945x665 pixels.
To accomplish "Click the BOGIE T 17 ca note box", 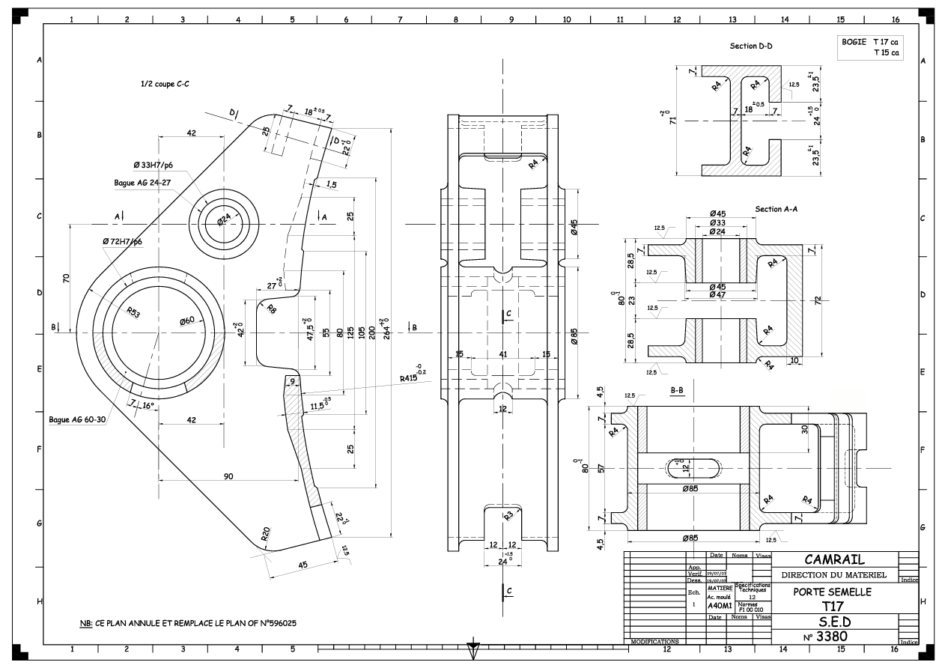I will pyautogui.click(x=871, y=47).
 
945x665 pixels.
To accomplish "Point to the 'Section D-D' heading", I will pyautogui.click(x=751, y=46).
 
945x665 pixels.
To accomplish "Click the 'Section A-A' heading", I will pyautogui.click(x=777, y=209).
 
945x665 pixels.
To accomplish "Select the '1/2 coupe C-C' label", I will pyautogui.click(x=165, y=85).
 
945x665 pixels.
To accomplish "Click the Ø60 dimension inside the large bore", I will pyautogui.click(x=186, y=321).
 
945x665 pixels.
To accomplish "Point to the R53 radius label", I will pyautogui.click(x=135, y=312).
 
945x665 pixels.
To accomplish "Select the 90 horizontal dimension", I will pyautogui.click(x=227, y=476).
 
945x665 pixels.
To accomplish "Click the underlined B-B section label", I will pyautogui.click(x=676, y=390).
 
